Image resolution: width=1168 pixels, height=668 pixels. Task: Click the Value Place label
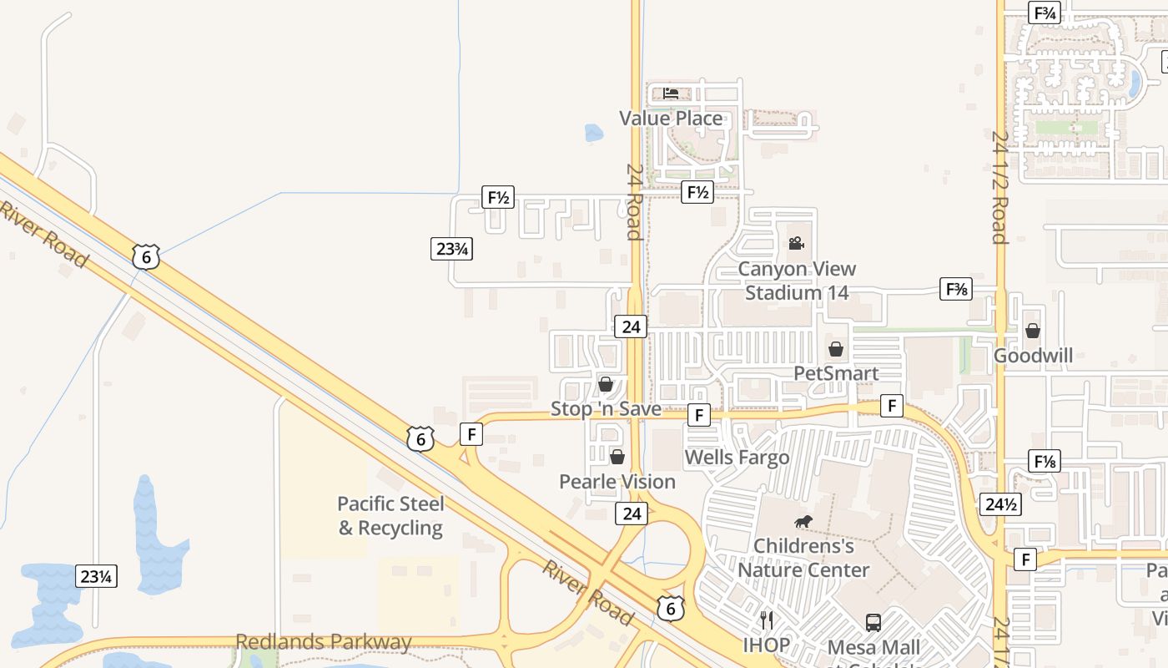pyautogui.click(x=671, y=119)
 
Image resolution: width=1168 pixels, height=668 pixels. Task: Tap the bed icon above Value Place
pyautogui.click(x=671, y=93)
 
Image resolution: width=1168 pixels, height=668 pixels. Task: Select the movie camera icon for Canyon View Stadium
pyautogui.click(x=796, y=243)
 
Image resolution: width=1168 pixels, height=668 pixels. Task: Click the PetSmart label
pyautogui.click(x=836, y=373)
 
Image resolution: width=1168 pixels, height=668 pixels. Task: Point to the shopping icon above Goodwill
pyautogui.click(x=1033, y=331)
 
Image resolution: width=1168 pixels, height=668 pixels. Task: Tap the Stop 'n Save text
pyautogui.click(x=606, y=409)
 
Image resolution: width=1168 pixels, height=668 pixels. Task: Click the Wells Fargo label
pyautogui.click(x=737, y=458)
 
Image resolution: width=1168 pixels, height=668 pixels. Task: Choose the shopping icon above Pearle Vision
pyautogui.click(x=617, y=457)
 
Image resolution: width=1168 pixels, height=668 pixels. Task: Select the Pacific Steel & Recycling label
pyautogui.click(x=390, y=516)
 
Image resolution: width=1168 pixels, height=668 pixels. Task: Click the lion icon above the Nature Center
pyautogui.click(x=803, y=523)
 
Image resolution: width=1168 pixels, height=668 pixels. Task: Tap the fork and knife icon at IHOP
pyautogui.click(x=767, y=620)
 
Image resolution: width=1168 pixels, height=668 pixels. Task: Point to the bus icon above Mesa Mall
pyautogui.click(x=873, y=622)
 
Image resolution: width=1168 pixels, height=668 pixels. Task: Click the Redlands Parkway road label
pyautogui.click(x=324, y=642)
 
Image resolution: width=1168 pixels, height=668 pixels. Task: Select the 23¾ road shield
pyautogui.click(x=452, y=248)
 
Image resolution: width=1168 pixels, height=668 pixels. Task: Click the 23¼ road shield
pyautogui.click(x=97, y=576)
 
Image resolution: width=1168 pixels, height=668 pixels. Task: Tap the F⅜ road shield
pyautogui.click(x=956, y=289)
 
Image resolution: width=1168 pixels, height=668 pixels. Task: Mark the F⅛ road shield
pyautogui.click(x=1045, y=461)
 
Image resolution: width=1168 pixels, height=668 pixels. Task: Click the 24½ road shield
pyautogui.click(x=1000, y=504)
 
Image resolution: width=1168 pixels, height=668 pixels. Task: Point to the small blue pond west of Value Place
pyautogui.click(x=593, y=132)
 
